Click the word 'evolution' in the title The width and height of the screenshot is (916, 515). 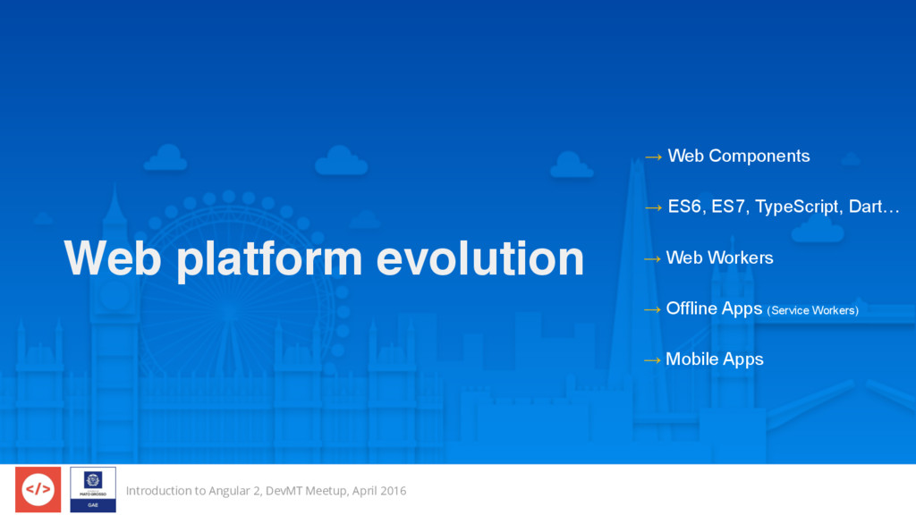pyautogui.click(x=480, y=258)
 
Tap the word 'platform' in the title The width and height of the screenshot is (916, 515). pyautogui.click(x=269, y=260)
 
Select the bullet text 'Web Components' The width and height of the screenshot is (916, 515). pyautogui.click(x=739, y=156)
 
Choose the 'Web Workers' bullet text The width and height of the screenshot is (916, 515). pyautogui.click(x=720, y=258)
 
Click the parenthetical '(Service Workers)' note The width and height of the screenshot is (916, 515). pyautogui.click(x=812, y=310)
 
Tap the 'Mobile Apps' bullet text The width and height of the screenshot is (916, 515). pyautogui.click(x=715, y=359)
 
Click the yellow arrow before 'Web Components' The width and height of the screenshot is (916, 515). pyautogui.click(x=653, y=156)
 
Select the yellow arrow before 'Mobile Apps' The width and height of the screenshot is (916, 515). pyautogui.click(x=652, y=360)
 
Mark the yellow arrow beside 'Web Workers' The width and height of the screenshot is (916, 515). pyautogui.click(x=652, y=258)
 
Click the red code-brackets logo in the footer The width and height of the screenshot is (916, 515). pyautogui.click(x=38, y=489)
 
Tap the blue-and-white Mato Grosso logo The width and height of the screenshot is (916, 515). pyautogui.click(x=93, y=489)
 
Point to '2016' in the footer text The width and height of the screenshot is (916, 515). pyautogui.click(x=393, y=491)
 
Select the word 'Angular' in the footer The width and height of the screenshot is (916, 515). pyautogui.click(x=230, y=492)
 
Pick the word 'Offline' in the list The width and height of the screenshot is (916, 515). pyautogui.click(x=691, y=308)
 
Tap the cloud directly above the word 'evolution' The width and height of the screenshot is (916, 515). pyautogui.click(x=341, y=160)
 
